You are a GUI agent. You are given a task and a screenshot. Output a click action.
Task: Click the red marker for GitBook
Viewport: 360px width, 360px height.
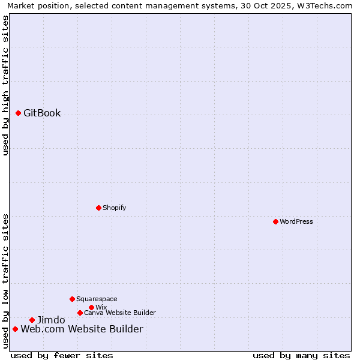18,113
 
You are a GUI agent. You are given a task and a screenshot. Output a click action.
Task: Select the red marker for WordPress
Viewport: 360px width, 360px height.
275,221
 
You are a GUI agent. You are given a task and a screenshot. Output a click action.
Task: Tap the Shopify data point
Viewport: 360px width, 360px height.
98,208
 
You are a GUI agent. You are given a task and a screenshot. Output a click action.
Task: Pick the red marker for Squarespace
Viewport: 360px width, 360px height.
72,299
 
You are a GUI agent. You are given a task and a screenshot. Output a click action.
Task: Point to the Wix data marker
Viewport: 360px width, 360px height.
91,307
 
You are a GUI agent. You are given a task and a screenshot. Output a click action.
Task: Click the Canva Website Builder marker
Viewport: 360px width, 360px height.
80,313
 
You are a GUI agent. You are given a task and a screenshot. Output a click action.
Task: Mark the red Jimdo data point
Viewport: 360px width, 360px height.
32,320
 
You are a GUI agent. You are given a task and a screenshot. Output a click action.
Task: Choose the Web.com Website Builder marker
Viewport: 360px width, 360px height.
15,329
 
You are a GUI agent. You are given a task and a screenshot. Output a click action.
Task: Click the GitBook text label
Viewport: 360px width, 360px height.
42,113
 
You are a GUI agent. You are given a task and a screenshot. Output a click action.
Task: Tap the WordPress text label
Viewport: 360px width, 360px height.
296,221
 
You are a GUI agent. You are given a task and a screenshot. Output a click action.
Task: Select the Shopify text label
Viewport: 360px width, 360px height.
114,208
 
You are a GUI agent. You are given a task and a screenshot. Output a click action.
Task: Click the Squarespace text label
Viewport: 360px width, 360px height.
97,299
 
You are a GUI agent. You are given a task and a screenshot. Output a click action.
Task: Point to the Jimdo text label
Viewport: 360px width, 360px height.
51,320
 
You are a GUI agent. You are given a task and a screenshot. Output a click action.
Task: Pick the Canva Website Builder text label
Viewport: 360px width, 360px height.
119,313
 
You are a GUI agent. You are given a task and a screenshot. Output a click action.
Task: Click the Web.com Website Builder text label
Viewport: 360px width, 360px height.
82,329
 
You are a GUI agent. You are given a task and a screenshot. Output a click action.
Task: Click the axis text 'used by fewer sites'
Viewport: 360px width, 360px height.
62,355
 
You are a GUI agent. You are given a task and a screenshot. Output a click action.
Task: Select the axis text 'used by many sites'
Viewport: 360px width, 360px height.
301,355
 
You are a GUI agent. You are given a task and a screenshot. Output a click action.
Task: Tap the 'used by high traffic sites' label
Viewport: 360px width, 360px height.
5,85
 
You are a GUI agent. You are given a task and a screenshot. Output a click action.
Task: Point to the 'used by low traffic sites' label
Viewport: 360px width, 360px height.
5,281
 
